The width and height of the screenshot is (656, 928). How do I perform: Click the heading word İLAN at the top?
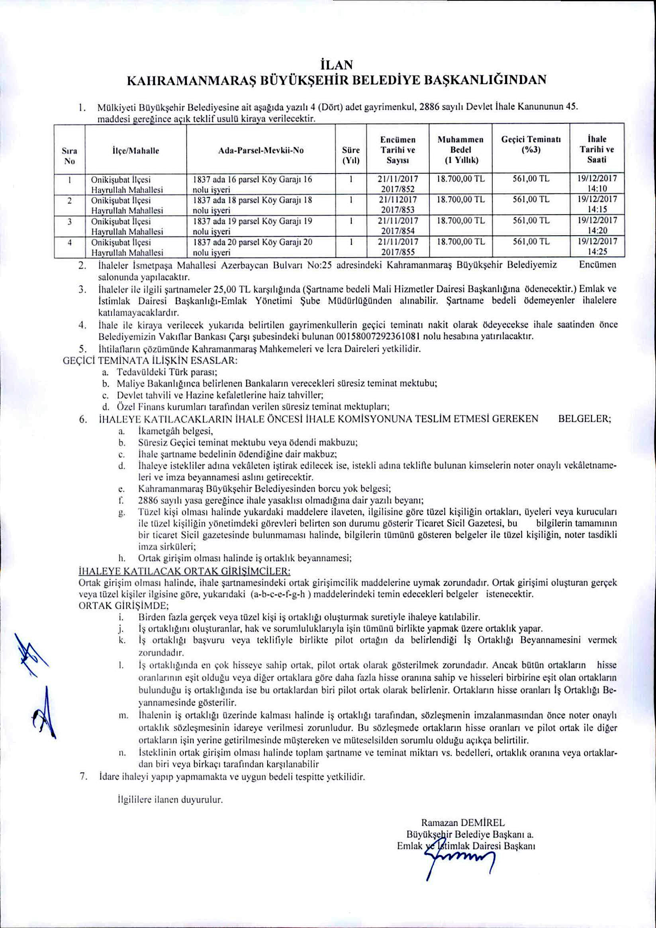336,65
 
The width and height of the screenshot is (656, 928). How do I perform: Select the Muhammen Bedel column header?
460,150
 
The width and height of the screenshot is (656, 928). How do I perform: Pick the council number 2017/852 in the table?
398,189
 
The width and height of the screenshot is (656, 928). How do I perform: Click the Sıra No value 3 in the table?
70,222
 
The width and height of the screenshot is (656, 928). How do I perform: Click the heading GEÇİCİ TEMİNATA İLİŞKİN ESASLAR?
150,361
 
